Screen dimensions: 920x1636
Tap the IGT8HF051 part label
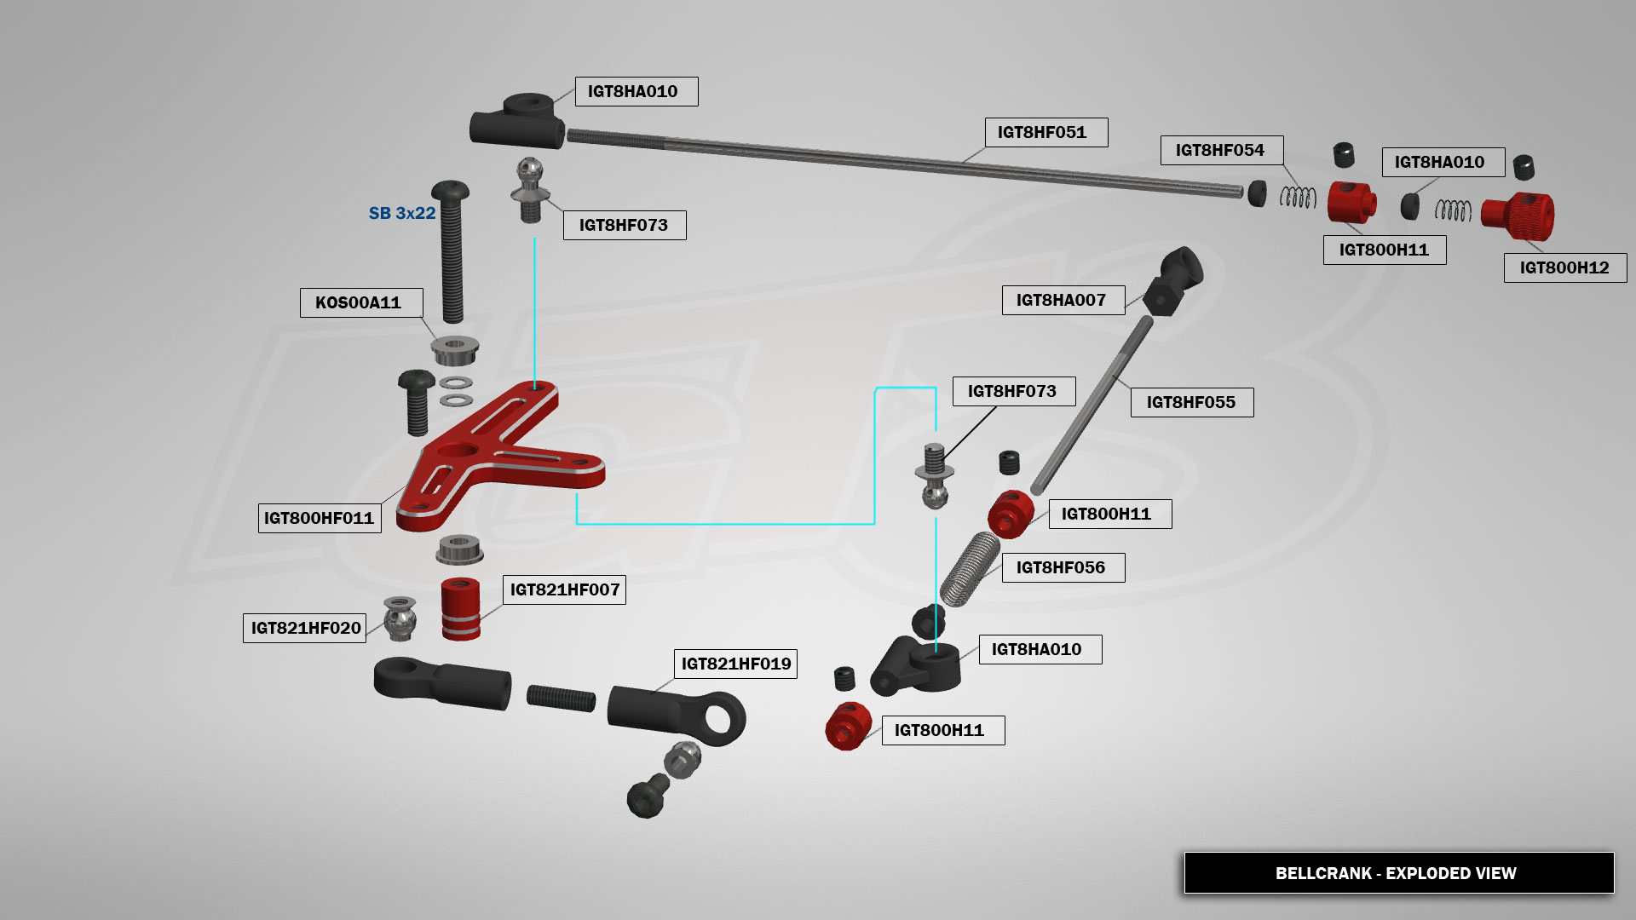click(x=1046, y=133)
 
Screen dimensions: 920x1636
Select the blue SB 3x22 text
click(x=402, y=213)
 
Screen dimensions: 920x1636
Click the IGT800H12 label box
click(x=1564, y=268)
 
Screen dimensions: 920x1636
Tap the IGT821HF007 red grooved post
click(x=461, y=608)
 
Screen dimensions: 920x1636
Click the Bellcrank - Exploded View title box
click(x=1398, y=873)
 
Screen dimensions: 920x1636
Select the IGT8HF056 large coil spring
click(x=969, y=569)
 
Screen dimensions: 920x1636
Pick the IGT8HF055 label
click(x=1191, y=403)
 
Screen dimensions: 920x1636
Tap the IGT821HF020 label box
click(x=305, y=629)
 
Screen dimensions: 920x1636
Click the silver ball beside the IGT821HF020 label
click(x=400, y=618)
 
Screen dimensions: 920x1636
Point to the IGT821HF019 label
click(x=735, y=664)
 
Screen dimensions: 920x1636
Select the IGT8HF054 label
click(x=1221, y=151)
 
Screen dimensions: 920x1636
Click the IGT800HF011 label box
click(x=320, y=518)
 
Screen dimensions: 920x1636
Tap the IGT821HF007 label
click(x=564, y=590)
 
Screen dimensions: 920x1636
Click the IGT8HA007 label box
click(x=1063, y=301)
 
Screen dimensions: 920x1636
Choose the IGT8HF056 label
click(x=1063, y=568)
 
